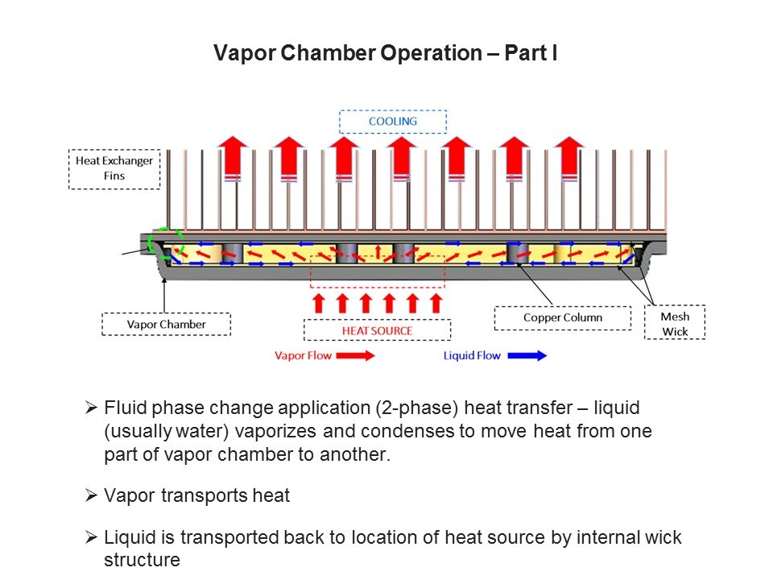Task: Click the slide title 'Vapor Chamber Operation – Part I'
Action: click(x=386, y=54)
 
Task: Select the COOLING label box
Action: click(x=392, y=122)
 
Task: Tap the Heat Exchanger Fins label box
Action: click(x=114, y=168)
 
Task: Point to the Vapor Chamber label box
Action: click(x=166, y=325)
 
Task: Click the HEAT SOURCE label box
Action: click(x=377, y=330)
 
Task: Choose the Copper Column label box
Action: click(x=562, y=317)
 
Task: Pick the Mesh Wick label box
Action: click(x=674, y=324)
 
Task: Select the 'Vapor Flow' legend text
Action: click(x=302, y=355)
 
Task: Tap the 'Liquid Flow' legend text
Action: click(x=471, y=355)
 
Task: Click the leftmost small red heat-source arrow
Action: click(x=318, y=303)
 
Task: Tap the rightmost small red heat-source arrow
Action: click(x=436, y=303)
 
